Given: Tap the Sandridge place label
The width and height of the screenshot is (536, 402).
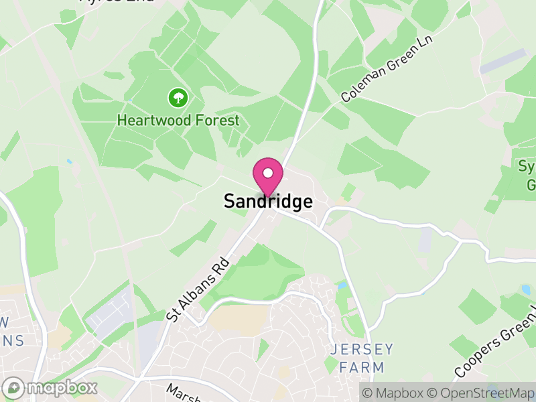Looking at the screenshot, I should pyautogui.click(x=268, y=202).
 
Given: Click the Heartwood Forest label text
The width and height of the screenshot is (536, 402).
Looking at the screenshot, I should pyautogui.click(x=178, y=121).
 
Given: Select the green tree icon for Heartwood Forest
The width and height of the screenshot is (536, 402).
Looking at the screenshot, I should pyautogui.click(x=178, y=98).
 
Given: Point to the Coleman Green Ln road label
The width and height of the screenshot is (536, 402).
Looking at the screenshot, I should pyautogui.click(x=387, y=69).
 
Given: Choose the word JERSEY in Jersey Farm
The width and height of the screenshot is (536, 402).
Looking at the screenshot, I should pyautogui.click(x=362, y=350).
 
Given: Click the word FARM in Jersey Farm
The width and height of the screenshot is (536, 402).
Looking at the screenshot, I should pyautogui.click(x=362, y=367).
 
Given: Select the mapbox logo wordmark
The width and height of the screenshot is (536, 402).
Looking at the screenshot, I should pyautogui.click(x=62, y=387).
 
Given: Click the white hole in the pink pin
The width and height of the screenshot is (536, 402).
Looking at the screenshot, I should pyautogui.click(x=267, y=173).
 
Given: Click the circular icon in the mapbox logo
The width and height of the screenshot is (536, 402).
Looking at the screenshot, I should pyautogui.click(x=13, y=387).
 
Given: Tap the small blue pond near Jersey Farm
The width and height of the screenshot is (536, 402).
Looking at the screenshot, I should pyautogui.click(x=343, y=285).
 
